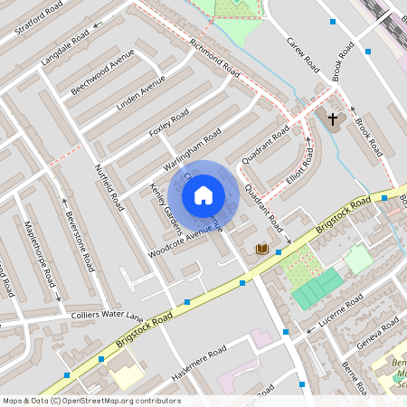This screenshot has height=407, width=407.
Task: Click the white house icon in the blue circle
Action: pyautogui.click(x=203, y=194)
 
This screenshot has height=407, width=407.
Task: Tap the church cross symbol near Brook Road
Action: pyautogui.click(x=332, y=118)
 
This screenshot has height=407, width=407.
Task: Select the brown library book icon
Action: pyautogui.click(x=262, y=249)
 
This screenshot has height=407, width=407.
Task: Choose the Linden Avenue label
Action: pyautogui.click(x=141, y=94)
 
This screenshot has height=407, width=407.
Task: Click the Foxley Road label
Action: pyautogui.click(x=169, y=122)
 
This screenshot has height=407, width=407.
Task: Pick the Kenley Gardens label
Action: pyautogui.click(x=165, y=204)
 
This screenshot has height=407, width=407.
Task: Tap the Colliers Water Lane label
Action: pyautogui.click(x=107, y=316)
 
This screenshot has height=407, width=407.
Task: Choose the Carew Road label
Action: pyautogui.click(x=303, y=54)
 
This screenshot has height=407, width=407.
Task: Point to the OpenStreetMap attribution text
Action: pyautogui.click(x=90, y=401)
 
